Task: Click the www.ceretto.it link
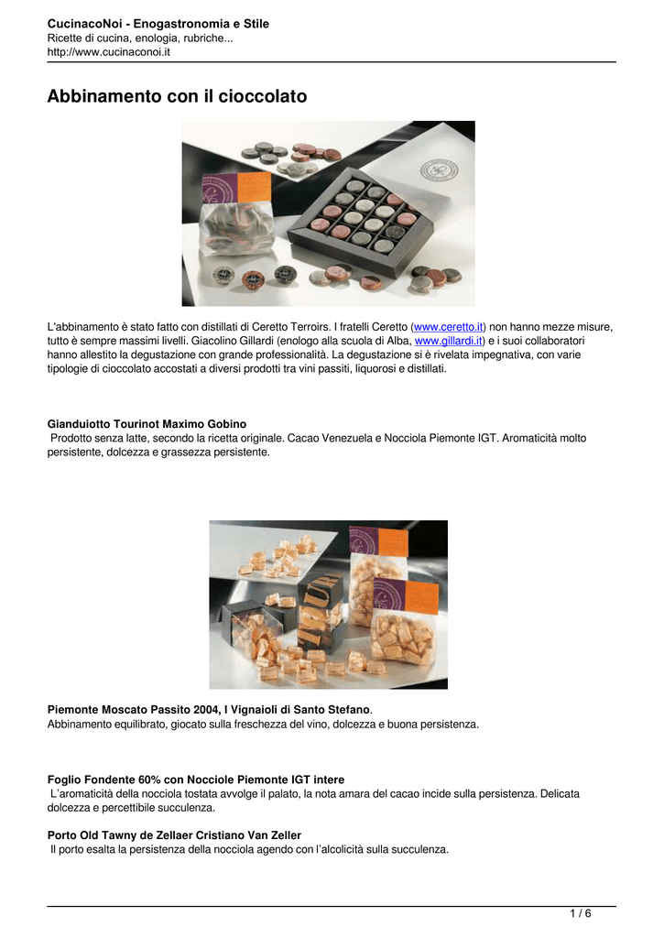(448, 327)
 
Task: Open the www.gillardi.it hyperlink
(448, 341)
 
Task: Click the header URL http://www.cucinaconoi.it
(109, 52)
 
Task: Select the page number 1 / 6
(581, 913)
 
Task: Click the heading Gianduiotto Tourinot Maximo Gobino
(147, 424)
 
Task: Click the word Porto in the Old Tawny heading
(61, 835)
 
